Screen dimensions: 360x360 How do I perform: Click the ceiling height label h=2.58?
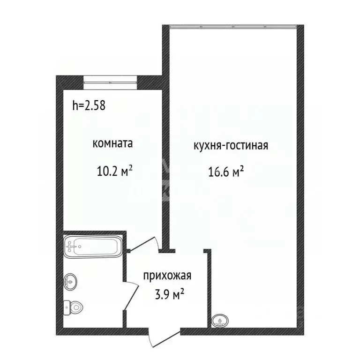[x=89, y=105]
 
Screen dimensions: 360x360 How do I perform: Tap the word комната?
[x=112, y=143]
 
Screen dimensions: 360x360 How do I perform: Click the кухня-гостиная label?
[x=230, y=145]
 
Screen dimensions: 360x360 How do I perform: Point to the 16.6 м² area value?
[x=226, y=173]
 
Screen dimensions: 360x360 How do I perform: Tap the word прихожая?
[x=167, y=276]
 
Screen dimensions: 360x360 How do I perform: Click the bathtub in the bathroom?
[x=93, y=246]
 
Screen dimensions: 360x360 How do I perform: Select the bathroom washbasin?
[x=71, y=281]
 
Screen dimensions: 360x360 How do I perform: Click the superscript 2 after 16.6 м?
[x=242, y=170]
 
